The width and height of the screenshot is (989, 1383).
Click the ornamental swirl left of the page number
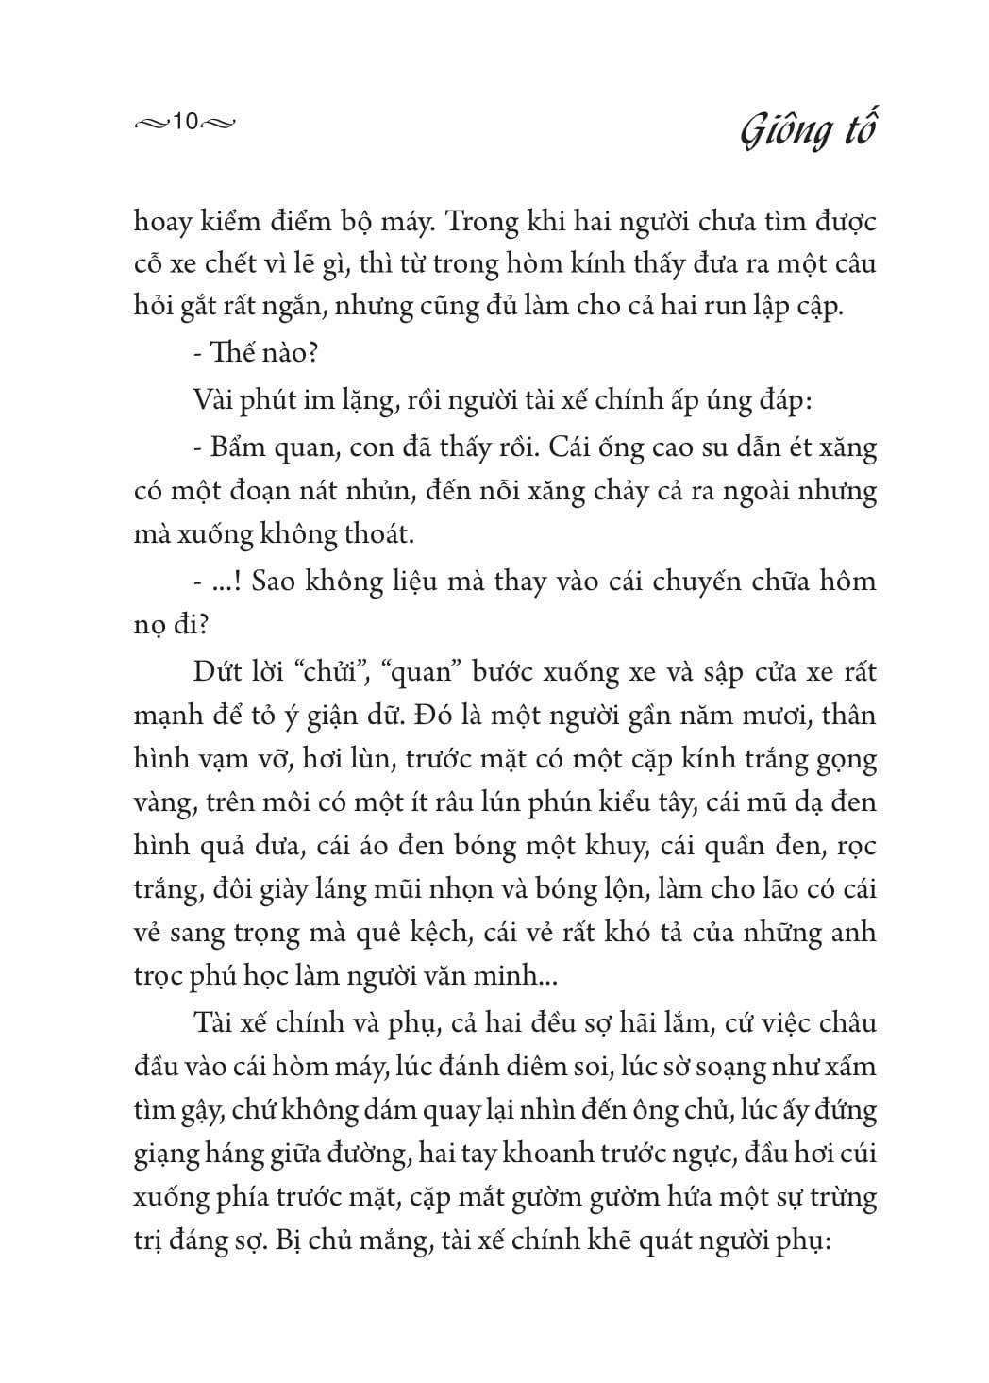151,123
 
